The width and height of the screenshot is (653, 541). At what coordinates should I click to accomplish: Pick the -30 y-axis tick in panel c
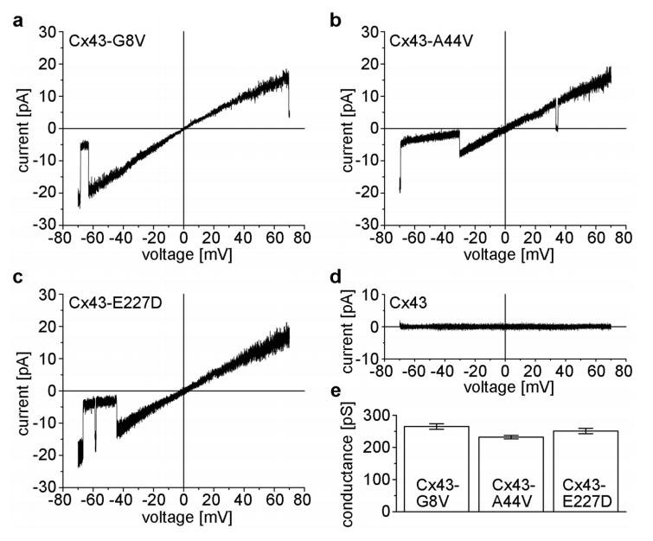[x=47, y=488]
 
